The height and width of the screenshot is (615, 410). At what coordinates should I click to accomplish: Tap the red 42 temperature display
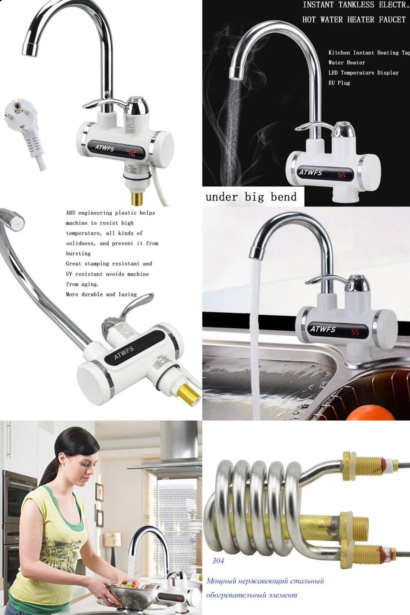point(132,152)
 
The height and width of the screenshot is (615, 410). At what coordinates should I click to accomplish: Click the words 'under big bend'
point(251,197)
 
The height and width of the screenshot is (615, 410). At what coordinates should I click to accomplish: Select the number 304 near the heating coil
point(218,560)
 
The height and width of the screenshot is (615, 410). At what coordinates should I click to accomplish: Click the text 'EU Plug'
point(339,83)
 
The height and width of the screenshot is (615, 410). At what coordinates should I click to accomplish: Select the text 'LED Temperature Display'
point(363,73)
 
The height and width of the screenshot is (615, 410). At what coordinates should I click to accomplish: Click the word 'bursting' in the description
point(78,253)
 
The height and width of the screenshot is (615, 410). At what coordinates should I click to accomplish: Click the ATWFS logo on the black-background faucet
point(310,172)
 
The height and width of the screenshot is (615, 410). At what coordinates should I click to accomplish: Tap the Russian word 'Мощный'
point(221,581)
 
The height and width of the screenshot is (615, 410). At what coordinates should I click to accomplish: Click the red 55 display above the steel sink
point(355,332)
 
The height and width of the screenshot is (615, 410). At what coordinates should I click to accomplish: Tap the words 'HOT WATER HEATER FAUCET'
point(354,19)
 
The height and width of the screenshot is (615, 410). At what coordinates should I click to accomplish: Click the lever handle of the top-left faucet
point(100,103)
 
